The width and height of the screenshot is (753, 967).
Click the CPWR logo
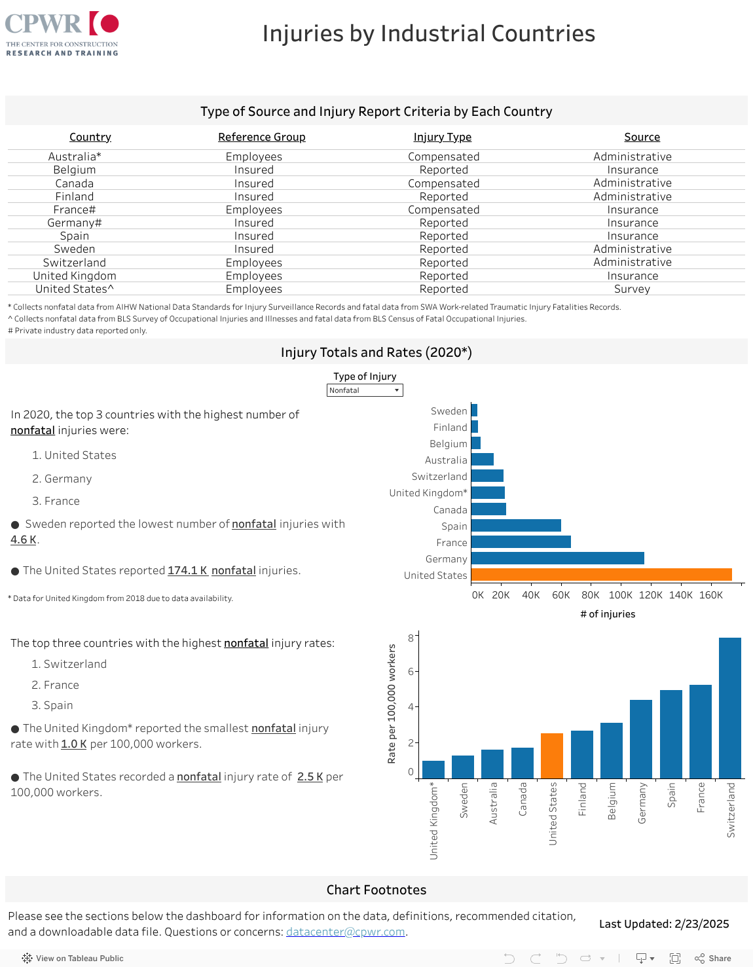click(62, 33)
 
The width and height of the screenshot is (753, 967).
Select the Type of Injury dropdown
click(365, 390)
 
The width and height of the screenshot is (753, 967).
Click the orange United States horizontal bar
click(601, 575)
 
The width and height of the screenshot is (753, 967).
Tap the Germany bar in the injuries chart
click(557, 558)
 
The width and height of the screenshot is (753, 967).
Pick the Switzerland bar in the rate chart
click(729, 708)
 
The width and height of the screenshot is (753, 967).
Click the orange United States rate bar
click(552, 756)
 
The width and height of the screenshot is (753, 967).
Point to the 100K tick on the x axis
click(620, 595)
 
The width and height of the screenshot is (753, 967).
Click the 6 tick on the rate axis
click(411, 671)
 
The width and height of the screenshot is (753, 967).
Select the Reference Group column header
click(261, 137)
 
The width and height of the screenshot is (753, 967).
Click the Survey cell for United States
click(632, 289)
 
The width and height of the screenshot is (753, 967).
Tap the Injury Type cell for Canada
click(443, 183)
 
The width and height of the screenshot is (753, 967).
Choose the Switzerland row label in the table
click(75, 263)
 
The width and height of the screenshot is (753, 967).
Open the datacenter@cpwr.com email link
click(346, 932)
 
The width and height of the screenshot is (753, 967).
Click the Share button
click(713, 958)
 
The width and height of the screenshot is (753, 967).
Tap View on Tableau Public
click(73, 958)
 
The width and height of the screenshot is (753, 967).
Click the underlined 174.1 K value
click(187, 570)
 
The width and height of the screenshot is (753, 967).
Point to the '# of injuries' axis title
click(608, 614)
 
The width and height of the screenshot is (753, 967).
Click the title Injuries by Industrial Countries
click(429, 33)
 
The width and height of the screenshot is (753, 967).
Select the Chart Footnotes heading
click(376, 890)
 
